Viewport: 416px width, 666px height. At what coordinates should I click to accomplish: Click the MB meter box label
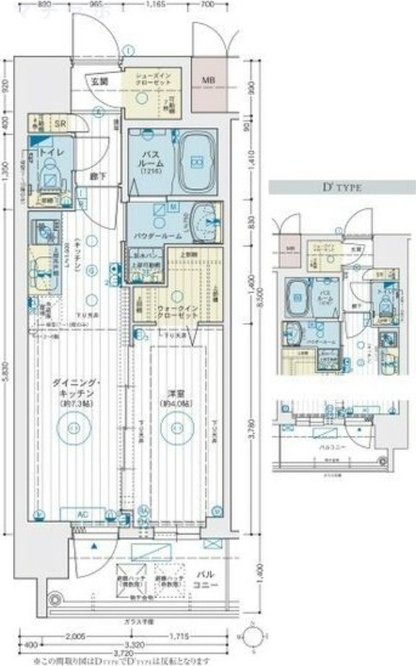[x=208, y=82]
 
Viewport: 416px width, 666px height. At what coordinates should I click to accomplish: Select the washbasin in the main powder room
[x=201, y=221]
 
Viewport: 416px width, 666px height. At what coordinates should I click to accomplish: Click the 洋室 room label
[x=174, y=390]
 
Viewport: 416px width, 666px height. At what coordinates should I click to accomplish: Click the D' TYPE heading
[x=337, y=189]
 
